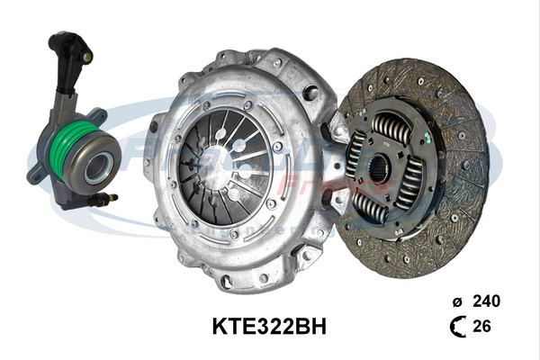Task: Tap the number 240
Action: point(486,301)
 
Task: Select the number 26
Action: point(481,327)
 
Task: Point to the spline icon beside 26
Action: point(458,327)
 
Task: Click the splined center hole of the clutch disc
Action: point(379,167)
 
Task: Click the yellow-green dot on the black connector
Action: point(87,58)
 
